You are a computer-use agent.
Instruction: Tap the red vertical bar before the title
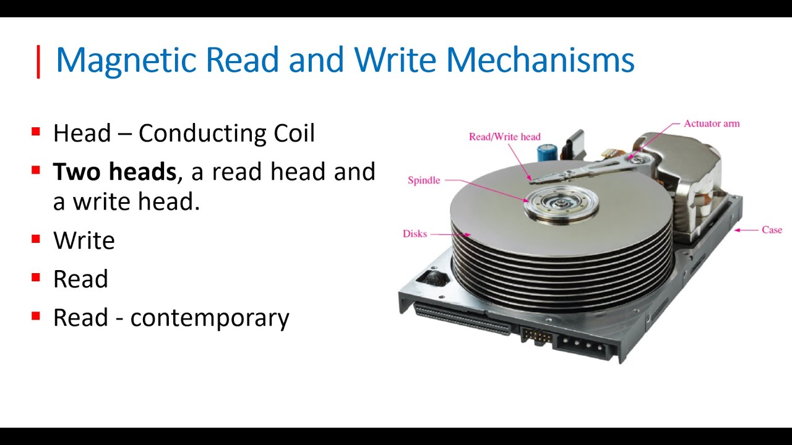38,62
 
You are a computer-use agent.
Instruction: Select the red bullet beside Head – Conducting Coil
36,132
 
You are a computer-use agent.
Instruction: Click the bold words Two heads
114,172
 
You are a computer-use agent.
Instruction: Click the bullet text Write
84,240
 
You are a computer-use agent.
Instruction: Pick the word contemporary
210,318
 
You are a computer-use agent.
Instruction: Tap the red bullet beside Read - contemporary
36,316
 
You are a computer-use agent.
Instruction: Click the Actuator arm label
711,124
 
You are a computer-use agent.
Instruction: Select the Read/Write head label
504,137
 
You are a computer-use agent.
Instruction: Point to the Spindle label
424,180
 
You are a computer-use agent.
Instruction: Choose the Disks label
415,234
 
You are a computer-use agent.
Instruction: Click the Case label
772,230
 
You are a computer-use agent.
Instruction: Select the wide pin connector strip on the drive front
463,318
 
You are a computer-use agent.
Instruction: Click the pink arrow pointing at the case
746,230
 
